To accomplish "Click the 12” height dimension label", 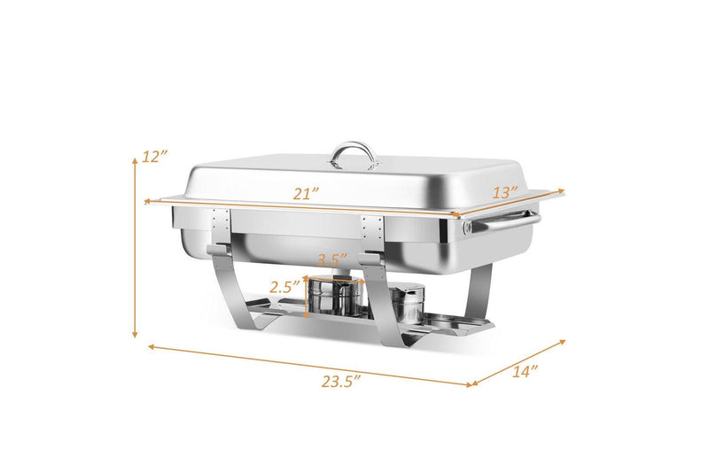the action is click(154, 156).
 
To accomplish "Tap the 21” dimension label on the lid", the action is click(306, 194).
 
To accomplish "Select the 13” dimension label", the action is click(504, 192).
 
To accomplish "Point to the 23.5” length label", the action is click(341, 382).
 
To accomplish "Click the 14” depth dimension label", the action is click(525, 371).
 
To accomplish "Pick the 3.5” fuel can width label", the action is click(333, 259).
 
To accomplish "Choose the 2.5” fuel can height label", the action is click(284, 286).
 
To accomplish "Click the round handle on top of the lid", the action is click(354, 155).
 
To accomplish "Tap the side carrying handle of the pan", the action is click(501, 221).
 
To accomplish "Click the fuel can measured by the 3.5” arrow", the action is click(335, 296).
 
